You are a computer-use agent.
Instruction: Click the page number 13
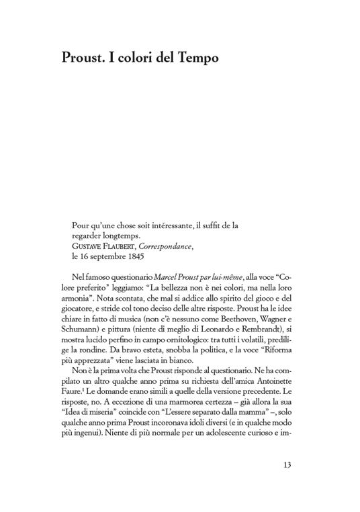[287, 465]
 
